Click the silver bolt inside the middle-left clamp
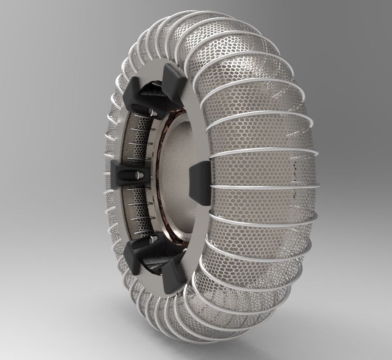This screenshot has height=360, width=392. tap(137, 175)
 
